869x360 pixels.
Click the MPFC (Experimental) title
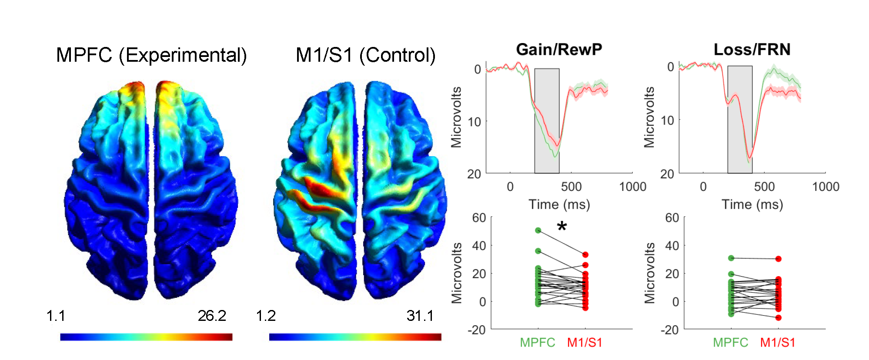click(151, 55)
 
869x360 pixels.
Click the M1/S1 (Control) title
click(365, 55)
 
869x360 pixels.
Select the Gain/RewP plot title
click(559, 50)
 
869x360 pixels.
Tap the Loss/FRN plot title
click(752, 50)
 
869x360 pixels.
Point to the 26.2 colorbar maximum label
click(212, 316)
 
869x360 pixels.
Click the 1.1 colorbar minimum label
click(56, 316)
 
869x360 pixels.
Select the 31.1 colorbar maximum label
click(420, 316)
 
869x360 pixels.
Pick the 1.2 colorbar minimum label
click(266, 316)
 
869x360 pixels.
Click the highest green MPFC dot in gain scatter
click(538, 230)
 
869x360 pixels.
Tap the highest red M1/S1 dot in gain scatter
click(585, 255)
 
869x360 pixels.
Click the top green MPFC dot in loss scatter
click(731, 258)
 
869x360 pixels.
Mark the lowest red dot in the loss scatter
click(779, 318)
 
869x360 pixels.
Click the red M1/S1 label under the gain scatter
click(585, 343)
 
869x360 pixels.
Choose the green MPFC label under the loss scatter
click(731, 343)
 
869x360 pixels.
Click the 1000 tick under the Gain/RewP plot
click(632, 187)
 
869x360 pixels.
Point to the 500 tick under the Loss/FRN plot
click(764, 187)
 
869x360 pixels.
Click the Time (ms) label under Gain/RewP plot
click(559, 204)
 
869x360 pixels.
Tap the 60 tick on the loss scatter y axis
click(672, 217)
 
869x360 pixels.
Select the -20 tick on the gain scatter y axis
click(477, 330)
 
